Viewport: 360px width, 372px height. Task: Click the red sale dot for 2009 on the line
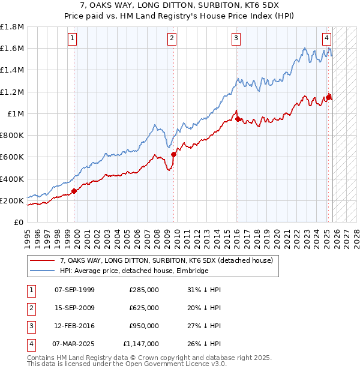(173, 154)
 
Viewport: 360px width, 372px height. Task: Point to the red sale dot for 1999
(74, 191)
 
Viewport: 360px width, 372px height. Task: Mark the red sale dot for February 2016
(238, 118)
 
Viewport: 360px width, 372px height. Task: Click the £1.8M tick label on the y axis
(12, 27)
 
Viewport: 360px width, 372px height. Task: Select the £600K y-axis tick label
(12, 157)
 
